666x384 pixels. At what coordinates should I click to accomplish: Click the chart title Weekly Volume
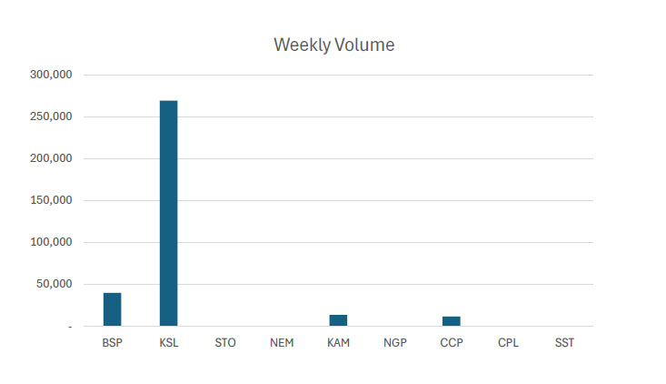(x=334, y=45)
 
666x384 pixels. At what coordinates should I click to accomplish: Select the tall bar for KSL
(x=168, y=213)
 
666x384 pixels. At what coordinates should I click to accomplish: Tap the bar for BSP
(x=112, y=309)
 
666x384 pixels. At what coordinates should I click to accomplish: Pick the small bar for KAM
(x=338, y=320)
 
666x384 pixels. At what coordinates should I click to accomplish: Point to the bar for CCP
(x=451, y=321)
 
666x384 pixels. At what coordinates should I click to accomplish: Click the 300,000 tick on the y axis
(x=54, y=75)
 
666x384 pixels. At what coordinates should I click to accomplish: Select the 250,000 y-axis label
(x=54, y=116)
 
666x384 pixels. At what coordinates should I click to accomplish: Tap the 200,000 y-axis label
(x=54, y=158)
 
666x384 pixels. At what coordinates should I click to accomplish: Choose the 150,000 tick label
(x=54, y=200)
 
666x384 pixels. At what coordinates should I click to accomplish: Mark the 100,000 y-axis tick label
(x=54, y=242)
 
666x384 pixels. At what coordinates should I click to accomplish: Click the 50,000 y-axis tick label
(x=56, y=284)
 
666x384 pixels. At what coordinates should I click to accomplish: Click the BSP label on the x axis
(x=112, y=344)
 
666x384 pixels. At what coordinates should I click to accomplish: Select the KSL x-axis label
(x=168, y=344)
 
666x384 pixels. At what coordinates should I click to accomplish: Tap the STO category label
(x=224, y=344)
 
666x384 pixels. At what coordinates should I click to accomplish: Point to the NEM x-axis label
(x=282, y=344)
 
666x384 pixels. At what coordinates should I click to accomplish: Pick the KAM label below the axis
(x=338, y=344)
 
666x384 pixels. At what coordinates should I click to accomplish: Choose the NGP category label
(x=394, y=344)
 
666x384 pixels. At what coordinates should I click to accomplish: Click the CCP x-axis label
(x=451, y=344)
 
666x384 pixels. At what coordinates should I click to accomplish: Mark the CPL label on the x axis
(x=508, y=344)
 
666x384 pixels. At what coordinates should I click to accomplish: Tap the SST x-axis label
(x=564, y=344)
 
